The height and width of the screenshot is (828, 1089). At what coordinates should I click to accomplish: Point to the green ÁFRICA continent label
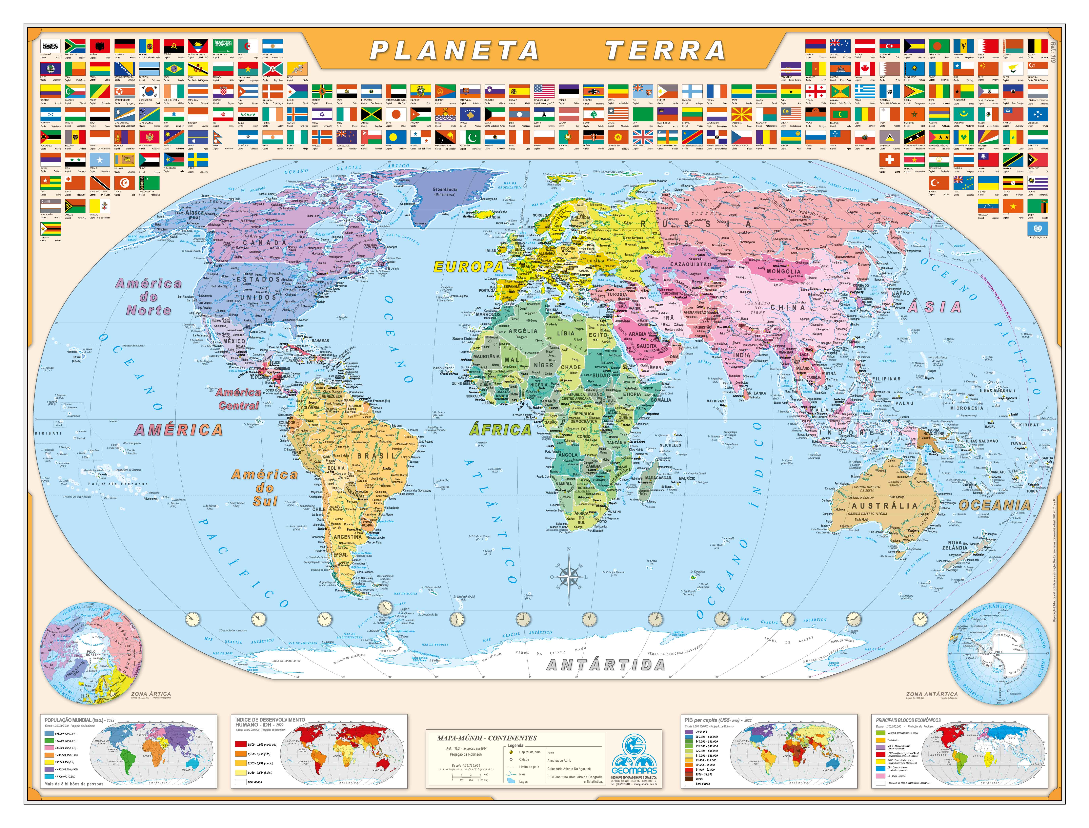tap(500, 430)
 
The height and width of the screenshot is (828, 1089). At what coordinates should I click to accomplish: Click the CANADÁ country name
tap(265, 242)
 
